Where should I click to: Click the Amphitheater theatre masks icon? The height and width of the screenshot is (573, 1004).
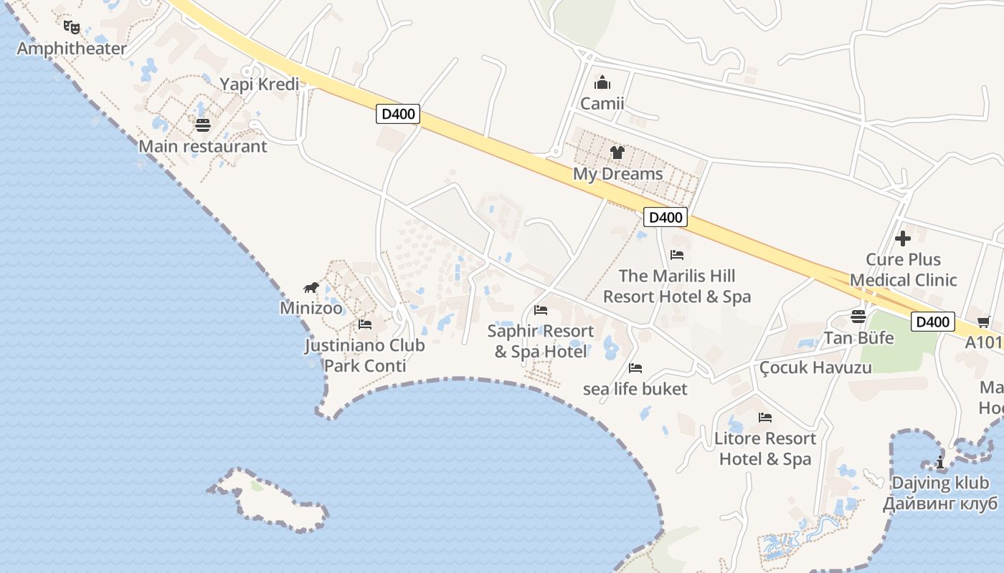click(x=71, y=27)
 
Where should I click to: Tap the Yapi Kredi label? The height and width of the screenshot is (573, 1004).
click(x=259, y=84)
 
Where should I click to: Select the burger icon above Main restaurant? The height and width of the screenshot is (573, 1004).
click(x=203, y=125)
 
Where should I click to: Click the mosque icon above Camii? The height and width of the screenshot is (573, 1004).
click(x=602, y=82)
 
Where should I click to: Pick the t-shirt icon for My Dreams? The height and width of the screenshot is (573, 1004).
click(x=617, y=152)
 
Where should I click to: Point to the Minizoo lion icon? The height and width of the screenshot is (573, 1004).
click(x=311, y=288)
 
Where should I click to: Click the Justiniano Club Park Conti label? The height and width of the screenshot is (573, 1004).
click(x=364, y=355)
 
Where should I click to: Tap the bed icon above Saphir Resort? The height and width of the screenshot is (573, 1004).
click(x=541, y=310)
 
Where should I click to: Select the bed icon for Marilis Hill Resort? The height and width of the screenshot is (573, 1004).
click(x=677, y=255)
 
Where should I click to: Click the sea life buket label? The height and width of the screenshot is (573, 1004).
click(x=635, y=389)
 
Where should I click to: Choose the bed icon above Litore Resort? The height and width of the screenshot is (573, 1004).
click(x=765, y=418)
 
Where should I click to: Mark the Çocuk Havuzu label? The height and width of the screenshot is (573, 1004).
click(x=815, y=367)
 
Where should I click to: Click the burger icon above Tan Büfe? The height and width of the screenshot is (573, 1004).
click(x=858, y=317)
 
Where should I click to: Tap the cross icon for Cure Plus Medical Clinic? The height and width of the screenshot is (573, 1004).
click(x=903, y=239)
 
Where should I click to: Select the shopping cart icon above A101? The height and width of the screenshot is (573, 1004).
click(x=983, y=322)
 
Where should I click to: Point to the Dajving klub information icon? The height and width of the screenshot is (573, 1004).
click(x=940, y=463)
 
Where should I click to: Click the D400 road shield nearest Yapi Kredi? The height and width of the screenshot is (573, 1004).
click(x=397, y=114)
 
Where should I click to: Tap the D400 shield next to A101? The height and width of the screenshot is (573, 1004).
click(x=933, y=322)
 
